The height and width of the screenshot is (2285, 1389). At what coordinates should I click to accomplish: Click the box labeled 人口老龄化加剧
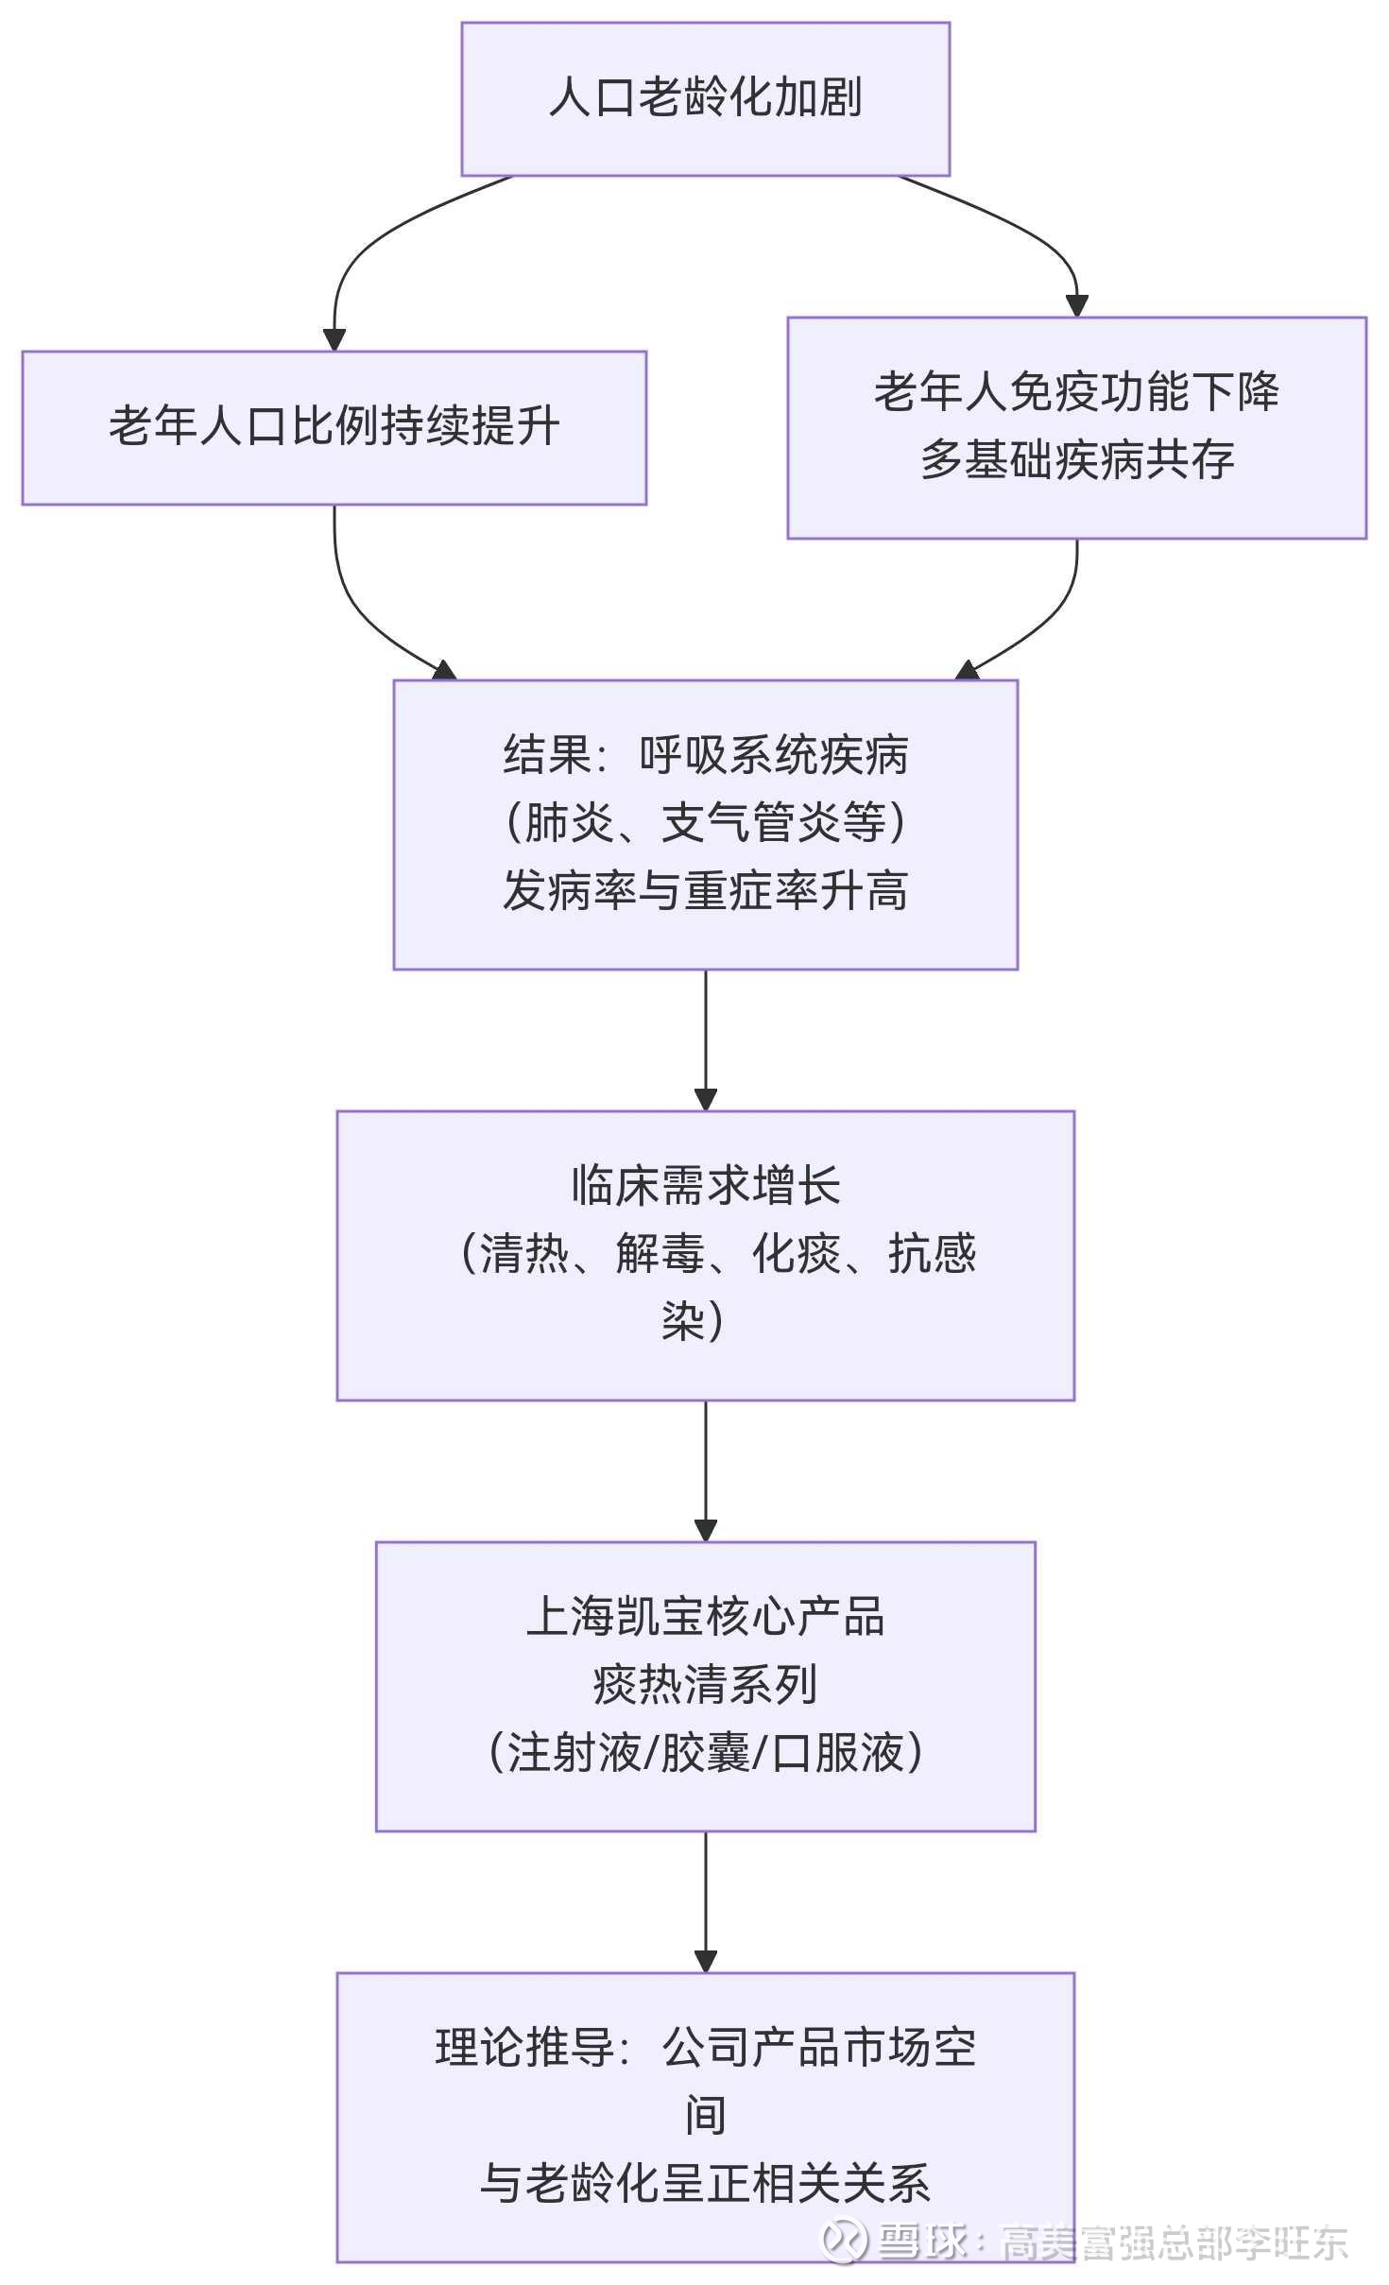[705, 99]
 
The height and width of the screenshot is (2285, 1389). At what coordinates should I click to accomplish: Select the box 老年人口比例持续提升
[334, 428]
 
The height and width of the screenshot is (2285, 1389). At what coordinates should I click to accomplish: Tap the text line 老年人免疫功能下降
[1076, 392]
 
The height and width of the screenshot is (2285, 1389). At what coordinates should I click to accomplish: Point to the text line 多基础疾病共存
[1077, 460]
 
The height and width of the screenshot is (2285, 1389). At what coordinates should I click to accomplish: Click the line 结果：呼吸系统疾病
[705, 755]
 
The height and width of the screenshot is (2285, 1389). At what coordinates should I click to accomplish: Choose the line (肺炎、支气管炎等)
[705, 822]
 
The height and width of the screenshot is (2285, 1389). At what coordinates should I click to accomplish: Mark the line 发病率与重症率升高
[705, 890]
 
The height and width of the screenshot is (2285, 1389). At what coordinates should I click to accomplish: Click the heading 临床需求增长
[705, 1185]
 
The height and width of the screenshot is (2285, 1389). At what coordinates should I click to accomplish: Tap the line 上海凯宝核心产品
[705, 1617]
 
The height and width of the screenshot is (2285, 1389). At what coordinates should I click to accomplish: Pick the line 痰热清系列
[705, 1685]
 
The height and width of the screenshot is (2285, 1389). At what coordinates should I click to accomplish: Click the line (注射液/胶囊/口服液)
[705, 1753]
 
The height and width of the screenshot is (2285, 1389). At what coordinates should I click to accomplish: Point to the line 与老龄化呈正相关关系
[705, 2184]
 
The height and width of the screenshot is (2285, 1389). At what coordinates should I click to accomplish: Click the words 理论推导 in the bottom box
[524, 2048]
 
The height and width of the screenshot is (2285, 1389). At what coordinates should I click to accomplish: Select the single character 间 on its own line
[705, 2116]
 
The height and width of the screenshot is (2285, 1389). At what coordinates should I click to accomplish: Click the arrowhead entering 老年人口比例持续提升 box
[334, 340]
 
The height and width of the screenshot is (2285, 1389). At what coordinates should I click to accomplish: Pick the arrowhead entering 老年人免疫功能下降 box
[1077, 306]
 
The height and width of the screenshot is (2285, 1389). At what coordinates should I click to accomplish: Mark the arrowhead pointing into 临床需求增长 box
[706, 1100]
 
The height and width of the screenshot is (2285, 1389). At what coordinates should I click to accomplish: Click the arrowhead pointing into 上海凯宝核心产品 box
[706, 1531]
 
